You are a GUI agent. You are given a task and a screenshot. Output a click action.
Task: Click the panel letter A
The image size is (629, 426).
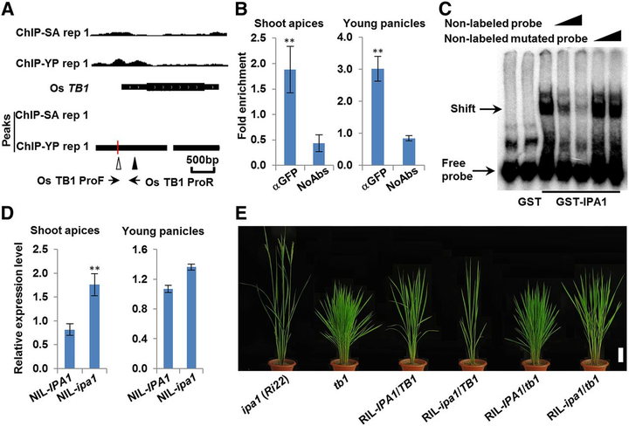click(x=10, y=10)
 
